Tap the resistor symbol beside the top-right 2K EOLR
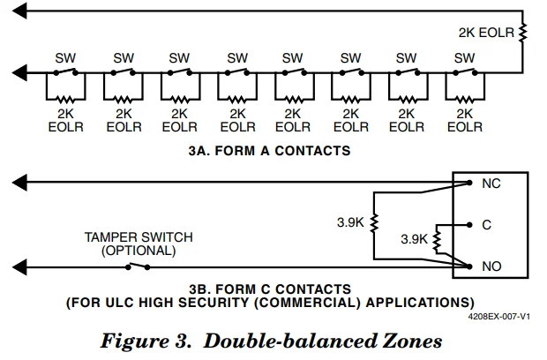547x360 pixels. click(523, 33)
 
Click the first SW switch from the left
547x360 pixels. click(65, 72)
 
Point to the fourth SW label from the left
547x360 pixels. click(236, 58)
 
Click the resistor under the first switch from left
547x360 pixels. click(65, 98)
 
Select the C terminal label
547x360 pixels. click(486, 225)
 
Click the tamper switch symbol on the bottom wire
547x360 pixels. click(137, 265)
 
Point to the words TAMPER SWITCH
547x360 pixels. click(139, 237)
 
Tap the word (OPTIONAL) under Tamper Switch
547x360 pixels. click(139, 250)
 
